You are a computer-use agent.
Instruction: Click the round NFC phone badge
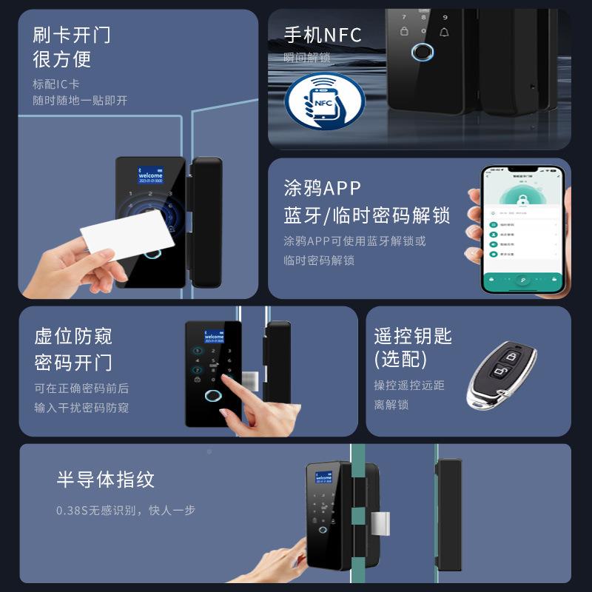coord(325,101)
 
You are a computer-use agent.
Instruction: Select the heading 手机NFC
coord(323,35)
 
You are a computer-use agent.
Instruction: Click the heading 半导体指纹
coord(105,479)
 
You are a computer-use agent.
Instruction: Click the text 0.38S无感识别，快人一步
coord(126,511)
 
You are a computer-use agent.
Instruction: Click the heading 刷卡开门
coord(72,34)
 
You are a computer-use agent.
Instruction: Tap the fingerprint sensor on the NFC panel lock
coord(421,54)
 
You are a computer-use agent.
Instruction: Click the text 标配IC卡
coord(56,84)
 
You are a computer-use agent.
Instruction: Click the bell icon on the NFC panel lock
coord(444,33)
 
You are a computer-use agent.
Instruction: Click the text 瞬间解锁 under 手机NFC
coord(306,58)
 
